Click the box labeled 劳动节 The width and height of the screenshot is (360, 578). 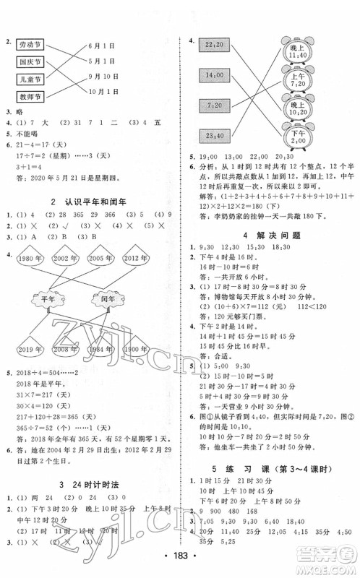tap(31, 44)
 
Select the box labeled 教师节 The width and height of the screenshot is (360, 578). tap(31, 96)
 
